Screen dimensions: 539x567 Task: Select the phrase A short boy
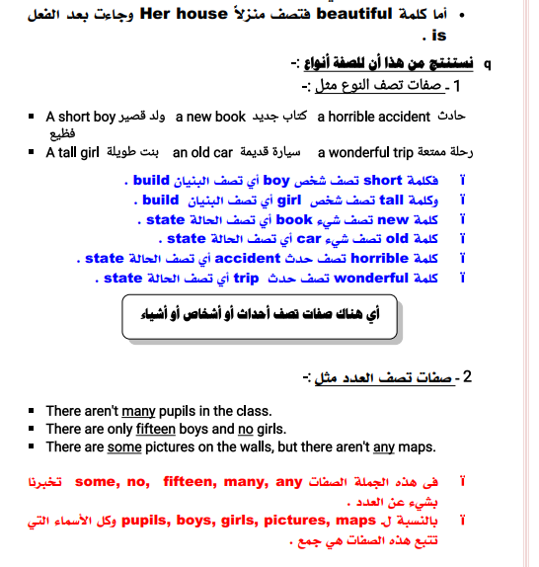coord(81,117)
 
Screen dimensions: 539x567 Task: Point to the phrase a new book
coord(210,117)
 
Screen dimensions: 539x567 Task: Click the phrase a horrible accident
coord(374,117)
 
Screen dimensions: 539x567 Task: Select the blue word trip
coord(245,278)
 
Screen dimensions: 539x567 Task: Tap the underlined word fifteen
coord(156,429)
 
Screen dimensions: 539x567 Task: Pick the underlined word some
coord(124,446)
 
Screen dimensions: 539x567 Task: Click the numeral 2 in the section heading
coord(467,376)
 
